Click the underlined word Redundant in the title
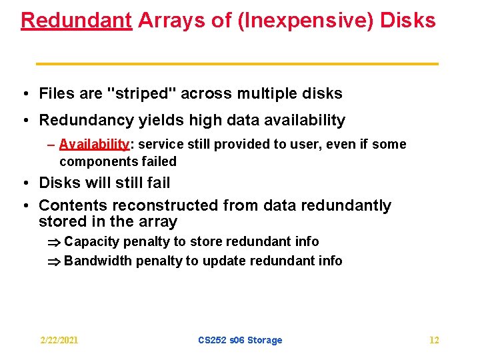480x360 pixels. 76,20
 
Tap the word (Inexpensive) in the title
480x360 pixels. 306,20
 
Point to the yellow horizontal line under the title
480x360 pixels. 237,63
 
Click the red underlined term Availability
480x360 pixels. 94,145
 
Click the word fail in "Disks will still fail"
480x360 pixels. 157,183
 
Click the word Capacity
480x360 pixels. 91,241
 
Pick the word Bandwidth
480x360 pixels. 98,261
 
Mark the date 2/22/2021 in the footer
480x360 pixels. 59,340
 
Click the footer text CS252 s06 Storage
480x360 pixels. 240,340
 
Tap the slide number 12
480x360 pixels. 434,340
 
